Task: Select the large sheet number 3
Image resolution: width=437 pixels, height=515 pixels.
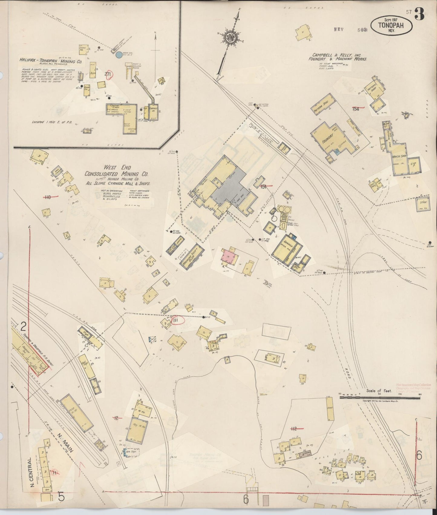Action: pyautogui.click(x=419, y=14)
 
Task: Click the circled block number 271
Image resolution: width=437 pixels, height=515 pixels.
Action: pyautogui.click(x=108, y=74)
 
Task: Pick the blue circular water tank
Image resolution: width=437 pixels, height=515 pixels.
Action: pyautogui.click(x=119, y=55)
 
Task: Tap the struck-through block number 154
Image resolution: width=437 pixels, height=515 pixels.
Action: pyautogui.click(x=356, y=109)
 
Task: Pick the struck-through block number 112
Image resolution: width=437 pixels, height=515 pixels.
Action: pyautogui.click(x=293, y=428)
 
